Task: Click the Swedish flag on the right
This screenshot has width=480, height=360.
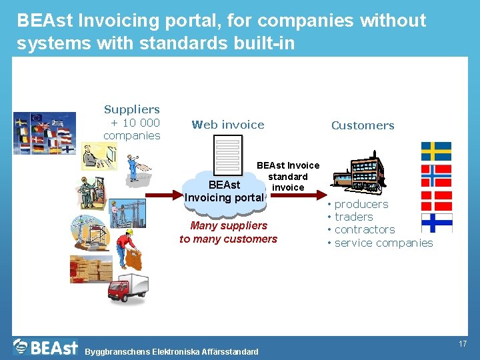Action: (x=436, y=151)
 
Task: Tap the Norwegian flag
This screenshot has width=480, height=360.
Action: (x=436, y=175)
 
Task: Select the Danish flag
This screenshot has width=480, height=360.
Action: (x=436, y=199)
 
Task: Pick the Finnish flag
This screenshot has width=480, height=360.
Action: (x=436, y=222)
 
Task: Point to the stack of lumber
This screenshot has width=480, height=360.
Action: (x=91, y=268)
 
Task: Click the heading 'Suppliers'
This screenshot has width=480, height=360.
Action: (x=132, y=109)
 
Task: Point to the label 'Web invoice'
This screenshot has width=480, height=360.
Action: (x=228, y=125)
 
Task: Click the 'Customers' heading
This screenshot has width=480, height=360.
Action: (x=363, y=125)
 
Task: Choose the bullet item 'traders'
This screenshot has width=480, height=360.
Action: (x=353, y=217)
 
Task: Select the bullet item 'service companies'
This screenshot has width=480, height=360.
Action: (x=383, y=243)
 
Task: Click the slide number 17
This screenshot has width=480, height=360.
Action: (x=462, y=344)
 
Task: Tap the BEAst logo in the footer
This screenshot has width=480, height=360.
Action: (x=45, y=347)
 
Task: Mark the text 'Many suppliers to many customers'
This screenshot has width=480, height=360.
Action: (x=228, y=232)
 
